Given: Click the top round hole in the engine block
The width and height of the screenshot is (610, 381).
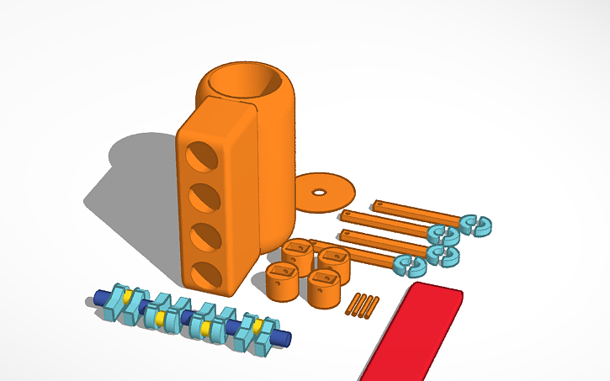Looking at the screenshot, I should tap(200, 156).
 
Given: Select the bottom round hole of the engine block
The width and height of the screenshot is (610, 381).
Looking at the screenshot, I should tap(203, 276).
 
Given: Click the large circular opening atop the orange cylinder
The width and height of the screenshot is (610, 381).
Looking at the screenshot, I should tap(245, 82).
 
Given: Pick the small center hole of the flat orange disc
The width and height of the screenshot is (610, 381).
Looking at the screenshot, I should tap(319, 192).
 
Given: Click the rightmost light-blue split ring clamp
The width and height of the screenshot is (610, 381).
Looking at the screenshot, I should tap(475, 223).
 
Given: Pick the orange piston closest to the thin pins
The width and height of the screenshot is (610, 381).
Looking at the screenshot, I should tap(325, 288).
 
